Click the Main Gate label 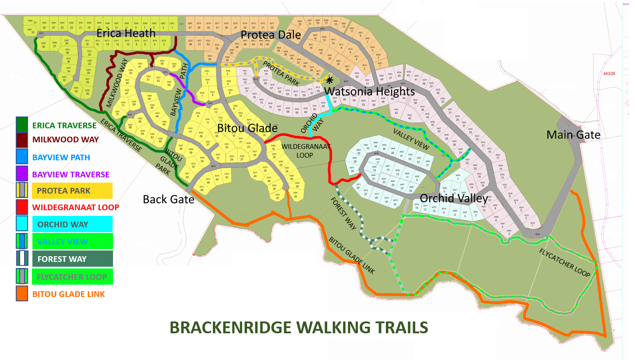573,134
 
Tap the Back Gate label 168,199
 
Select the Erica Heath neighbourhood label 126,33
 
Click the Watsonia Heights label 371,92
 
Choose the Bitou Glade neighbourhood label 247,128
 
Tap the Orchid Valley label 453,198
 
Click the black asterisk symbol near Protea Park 329,80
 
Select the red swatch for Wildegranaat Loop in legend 22,207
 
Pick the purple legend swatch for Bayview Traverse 22,174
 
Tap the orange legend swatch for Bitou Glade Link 22,293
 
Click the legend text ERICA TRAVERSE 64,125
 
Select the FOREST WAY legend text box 72,259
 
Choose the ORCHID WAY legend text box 72,224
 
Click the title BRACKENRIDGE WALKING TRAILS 298,328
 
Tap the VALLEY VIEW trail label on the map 409,140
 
